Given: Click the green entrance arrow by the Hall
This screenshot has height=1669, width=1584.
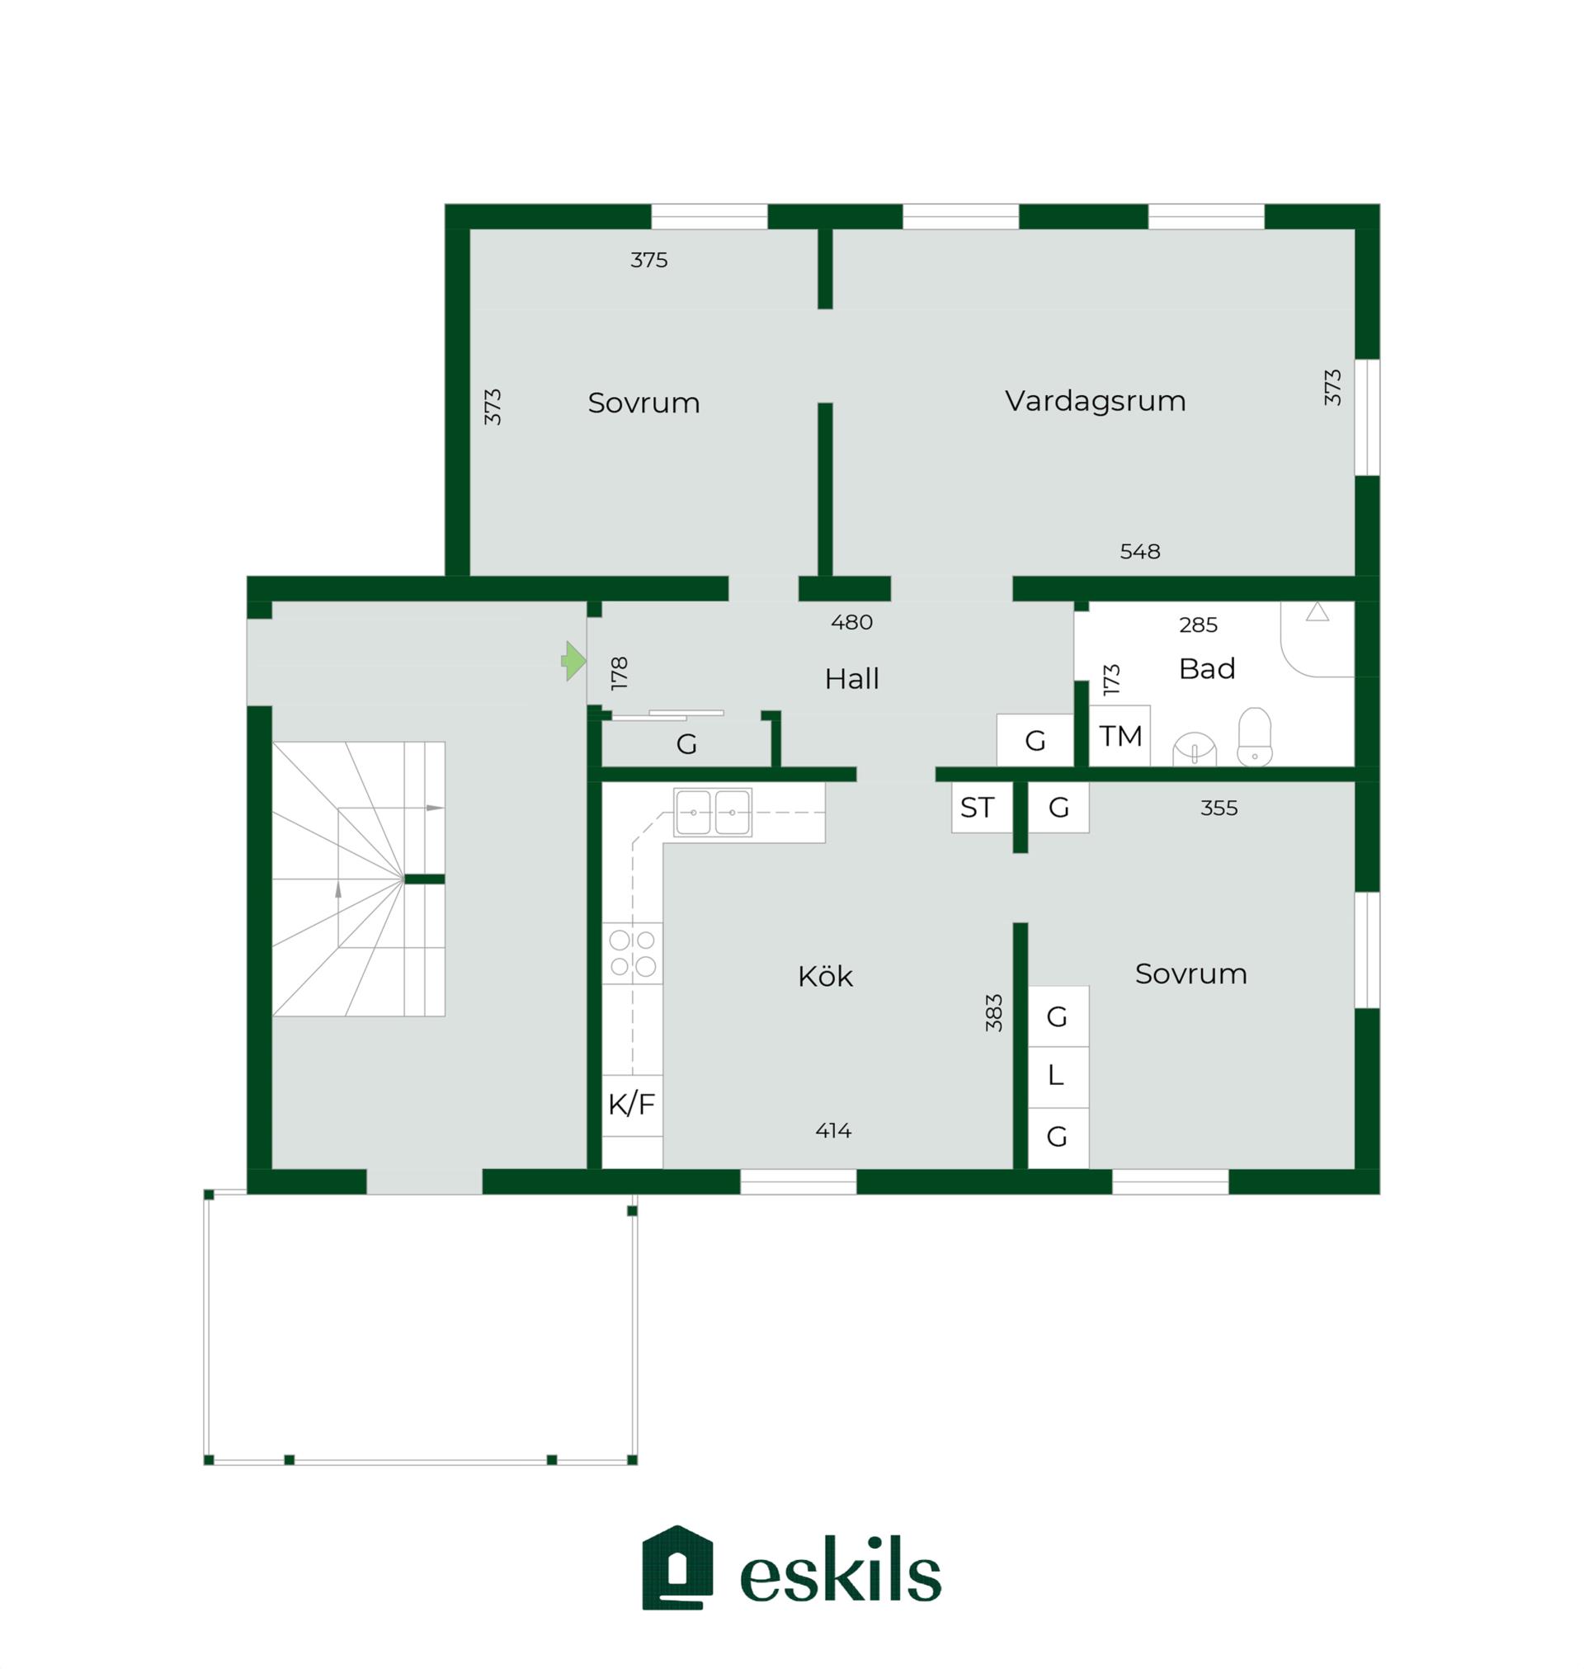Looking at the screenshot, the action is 574,661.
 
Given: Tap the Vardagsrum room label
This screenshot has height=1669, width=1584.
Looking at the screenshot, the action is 1095,401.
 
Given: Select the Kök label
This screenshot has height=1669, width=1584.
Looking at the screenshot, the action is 825,977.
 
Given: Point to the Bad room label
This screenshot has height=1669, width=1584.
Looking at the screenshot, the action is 1207,668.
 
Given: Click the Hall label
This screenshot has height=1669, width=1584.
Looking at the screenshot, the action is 852,679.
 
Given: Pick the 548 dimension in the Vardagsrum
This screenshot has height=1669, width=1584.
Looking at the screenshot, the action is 1140,551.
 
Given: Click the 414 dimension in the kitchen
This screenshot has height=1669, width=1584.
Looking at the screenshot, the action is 833,1130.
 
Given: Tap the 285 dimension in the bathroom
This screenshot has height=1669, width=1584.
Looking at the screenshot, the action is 1198,625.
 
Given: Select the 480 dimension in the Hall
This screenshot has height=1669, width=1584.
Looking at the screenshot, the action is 851,622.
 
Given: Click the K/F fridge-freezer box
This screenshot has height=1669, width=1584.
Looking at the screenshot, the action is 632,1104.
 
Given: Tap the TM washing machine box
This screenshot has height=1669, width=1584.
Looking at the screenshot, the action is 1120,736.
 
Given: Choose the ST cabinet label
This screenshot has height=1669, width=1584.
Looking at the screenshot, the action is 977,808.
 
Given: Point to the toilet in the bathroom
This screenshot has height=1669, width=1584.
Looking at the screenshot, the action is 1255,737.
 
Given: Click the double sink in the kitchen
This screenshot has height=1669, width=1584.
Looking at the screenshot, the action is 713,812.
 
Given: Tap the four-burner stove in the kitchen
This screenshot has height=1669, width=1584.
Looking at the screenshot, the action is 633,953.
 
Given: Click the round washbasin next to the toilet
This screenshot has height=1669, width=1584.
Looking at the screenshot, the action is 1195,750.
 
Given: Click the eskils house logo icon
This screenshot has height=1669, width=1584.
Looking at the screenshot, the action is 677,1568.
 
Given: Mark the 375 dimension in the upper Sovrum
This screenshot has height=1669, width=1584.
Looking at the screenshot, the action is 648,260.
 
